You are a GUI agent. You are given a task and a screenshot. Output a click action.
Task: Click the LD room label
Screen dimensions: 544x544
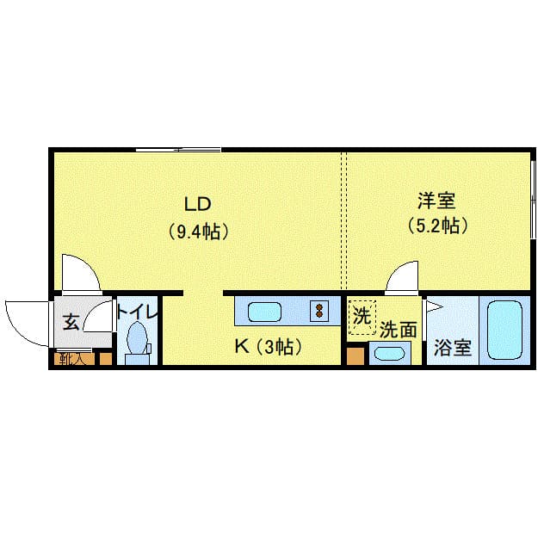pyautogui.click(x=197, y=204)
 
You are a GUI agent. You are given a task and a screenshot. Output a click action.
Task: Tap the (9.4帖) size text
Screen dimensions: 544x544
pyautogui.click(x=198, y=232)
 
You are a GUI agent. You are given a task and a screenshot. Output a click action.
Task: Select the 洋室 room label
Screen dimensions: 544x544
pyautogui.click(x=436, y=201)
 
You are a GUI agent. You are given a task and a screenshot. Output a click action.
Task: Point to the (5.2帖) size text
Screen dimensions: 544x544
pyautogui.click(x=437, y=226)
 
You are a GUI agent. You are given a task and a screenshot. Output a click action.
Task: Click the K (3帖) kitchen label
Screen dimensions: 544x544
pyautogui.click(x=269, y=347)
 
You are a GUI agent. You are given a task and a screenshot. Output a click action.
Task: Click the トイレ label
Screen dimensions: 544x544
pyautogui.click(x=137, y=312)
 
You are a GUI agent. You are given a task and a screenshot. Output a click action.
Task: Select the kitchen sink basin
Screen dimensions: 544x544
pyautogui.click(x=264, y=312)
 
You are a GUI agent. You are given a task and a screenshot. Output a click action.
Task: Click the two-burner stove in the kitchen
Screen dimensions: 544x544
pyautogui.click(x=319, y=311)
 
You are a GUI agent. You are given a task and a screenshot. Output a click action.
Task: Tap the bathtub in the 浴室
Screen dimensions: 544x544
pyautogui.click(x=504, y=330)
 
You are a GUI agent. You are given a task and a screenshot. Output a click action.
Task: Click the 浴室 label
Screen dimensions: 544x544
pyautogui.click(x=453, y=347)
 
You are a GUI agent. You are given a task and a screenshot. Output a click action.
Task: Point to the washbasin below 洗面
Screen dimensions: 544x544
pyautogui.click(x=390, y=354)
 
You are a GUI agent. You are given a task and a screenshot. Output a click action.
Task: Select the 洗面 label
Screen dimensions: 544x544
pyautogui.click(x=399, y=330)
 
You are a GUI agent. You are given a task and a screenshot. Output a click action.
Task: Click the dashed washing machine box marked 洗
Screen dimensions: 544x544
pyautogui.click(x=362, y=318)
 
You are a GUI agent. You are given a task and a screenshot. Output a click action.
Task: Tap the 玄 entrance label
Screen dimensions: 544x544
pyautogui.click(x=71, y=322)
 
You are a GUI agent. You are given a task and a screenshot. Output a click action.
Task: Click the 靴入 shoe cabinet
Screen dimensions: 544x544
pyautogui.click(x=74, y=359)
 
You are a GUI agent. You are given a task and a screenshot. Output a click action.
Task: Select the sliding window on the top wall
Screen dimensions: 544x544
pyautogui.click(x=178, y=151)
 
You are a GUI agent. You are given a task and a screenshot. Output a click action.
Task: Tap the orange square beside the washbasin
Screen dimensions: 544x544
pyautogui.click(x=355, y=356)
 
